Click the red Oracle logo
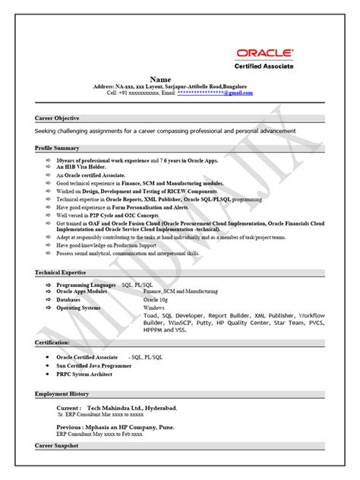click(265, 52)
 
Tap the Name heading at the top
click(160, 79)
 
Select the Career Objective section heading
click(58, 118)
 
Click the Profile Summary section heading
click(57, 148)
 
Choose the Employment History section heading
click(62, 394)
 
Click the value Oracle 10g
click(156, 299)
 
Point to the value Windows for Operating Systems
click(155, 308)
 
